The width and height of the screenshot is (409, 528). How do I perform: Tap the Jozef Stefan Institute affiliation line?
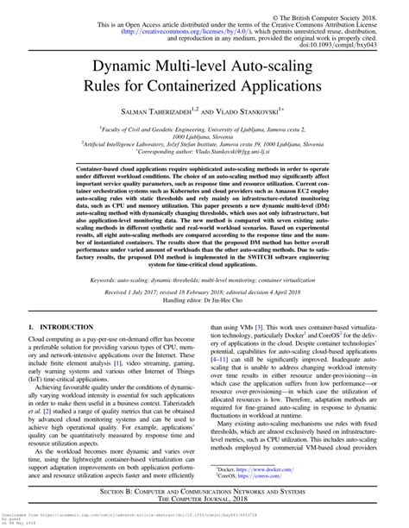204,145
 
